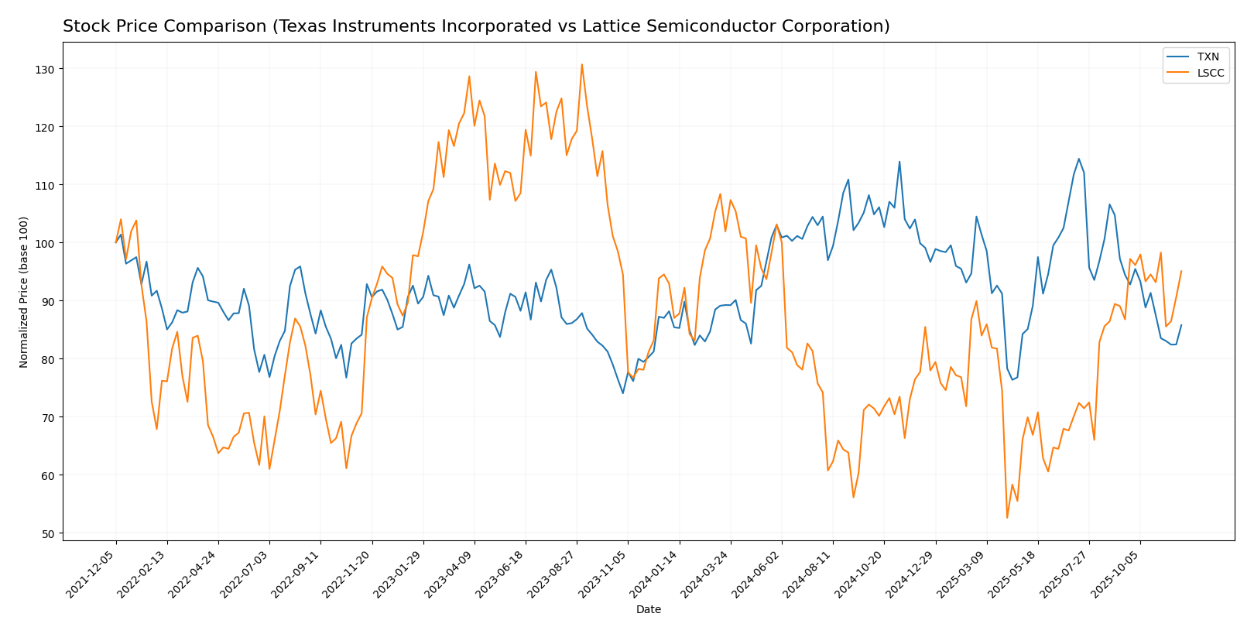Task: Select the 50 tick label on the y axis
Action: click(x=49, y=533)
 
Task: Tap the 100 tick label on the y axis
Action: click(x=46, y=243)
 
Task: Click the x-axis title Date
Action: click(x=648, y=610)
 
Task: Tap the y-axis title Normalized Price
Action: click(x=24, y=292)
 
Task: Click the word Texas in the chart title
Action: click(x=296, y=26)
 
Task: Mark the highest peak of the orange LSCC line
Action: click(x=581, y=64)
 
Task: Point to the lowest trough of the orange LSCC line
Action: click(x=1007, y=518)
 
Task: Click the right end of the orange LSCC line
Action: click(x=1181, y=271)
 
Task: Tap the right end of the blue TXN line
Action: click(x=1181, y=325)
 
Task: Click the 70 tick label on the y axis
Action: click(x=49, y=417)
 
